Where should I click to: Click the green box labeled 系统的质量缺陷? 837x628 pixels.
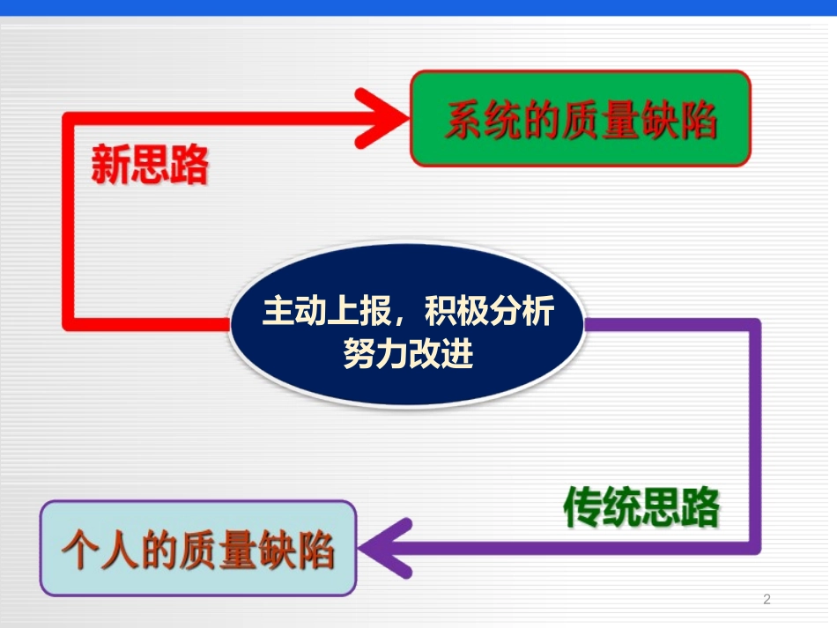point(581,119)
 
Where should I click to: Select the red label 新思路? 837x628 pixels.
point(150,164)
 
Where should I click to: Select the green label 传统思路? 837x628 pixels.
point(641,507)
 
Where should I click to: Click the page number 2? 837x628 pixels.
point(766,600)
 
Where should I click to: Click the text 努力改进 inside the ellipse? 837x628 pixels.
point(407,354)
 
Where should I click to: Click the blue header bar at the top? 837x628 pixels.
point(418,7)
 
